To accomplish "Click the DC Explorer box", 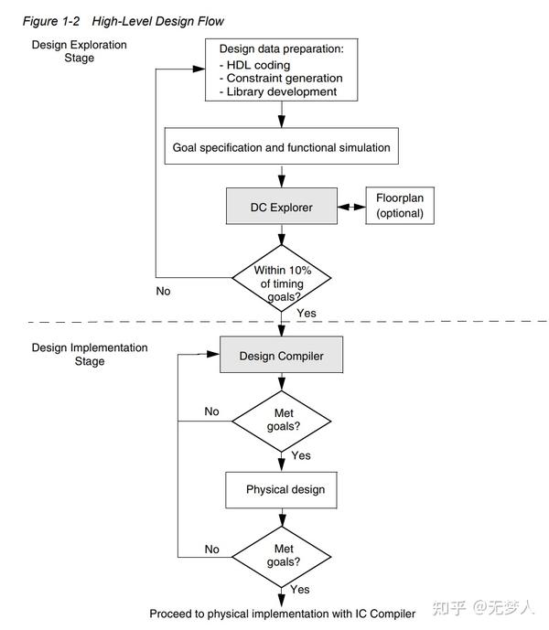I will [281, 208].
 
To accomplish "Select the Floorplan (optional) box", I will [399, 207].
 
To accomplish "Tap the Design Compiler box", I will [281, 356].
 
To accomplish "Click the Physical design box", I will [285, 490].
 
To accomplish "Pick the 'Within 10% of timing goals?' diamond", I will [281, 277].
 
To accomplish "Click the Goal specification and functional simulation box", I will [281, 147].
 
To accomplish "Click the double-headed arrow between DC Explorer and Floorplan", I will [350, 208].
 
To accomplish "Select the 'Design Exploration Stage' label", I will [80, 51].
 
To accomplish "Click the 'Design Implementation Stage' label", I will [89, 354].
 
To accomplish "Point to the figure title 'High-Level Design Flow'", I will [157, 21].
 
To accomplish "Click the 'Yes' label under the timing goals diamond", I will [307, 313].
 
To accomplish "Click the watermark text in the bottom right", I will [484, 607].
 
